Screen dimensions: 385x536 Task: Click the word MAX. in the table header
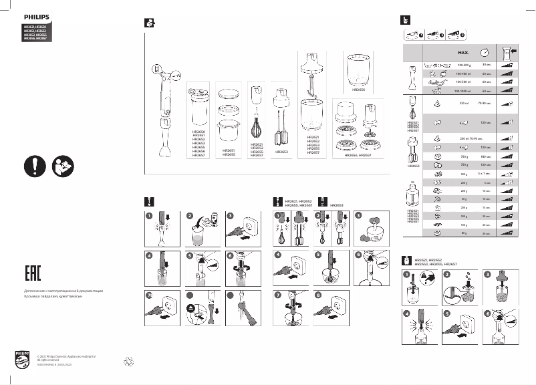pos(464,51)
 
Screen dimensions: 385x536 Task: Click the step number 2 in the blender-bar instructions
pos(189,216)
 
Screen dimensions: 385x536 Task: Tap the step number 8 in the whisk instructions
pos(318,294)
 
